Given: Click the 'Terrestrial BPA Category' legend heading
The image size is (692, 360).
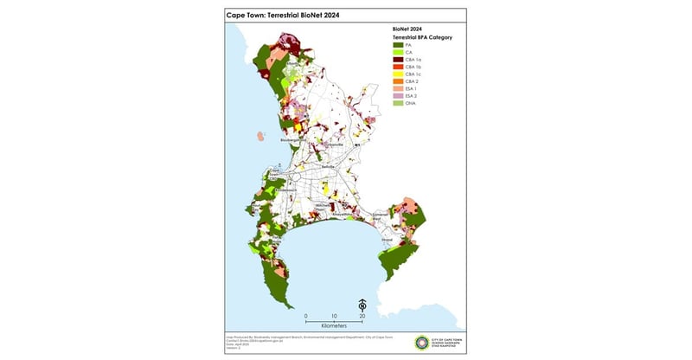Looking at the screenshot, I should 423,38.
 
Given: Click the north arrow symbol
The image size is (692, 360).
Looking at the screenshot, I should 362,305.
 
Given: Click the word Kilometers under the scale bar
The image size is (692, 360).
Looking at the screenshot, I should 334,326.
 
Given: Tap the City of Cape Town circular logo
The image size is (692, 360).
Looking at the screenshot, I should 422,342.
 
